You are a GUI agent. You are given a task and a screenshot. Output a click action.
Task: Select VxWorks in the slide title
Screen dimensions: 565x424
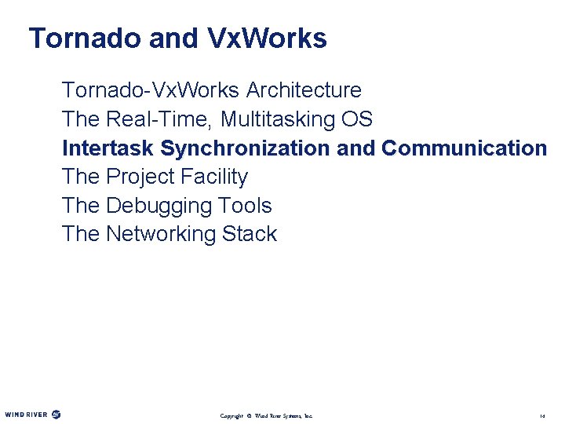(x=268, y=38)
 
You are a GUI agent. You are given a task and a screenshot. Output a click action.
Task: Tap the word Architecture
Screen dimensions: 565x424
(x=304, y=90)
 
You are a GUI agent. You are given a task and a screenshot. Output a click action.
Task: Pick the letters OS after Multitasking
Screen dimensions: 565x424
(x=357, y=119)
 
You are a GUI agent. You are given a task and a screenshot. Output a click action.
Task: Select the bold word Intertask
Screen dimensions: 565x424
(x=108, y=148)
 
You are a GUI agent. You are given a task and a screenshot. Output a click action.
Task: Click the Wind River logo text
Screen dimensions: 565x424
(x=26, y=415)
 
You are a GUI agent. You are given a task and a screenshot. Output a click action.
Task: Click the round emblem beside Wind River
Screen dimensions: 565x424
(x=56, y=415)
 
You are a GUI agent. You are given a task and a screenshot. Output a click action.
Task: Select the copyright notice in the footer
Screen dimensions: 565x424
(x=266, y=415)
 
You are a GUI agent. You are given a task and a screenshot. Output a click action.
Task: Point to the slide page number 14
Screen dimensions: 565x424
(x=541, y=415)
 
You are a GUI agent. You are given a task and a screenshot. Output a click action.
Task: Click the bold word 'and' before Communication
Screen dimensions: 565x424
(x=355, y=148)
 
